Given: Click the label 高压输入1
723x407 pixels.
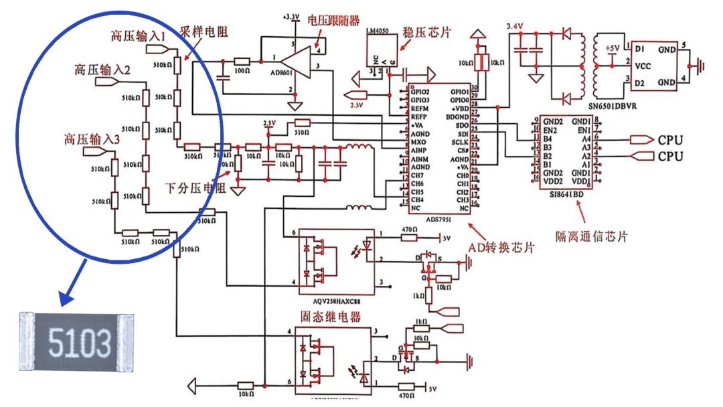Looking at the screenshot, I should (139, 35).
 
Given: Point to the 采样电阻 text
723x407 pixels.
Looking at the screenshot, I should (204, 31).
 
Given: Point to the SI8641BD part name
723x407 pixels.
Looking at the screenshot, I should (566, 192).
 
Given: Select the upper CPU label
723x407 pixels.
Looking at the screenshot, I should (670, 140).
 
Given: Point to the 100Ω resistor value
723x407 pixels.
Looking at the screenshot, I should (242, 70).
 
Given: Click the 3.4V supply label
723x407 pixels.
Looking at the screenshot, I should (514, 25).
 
